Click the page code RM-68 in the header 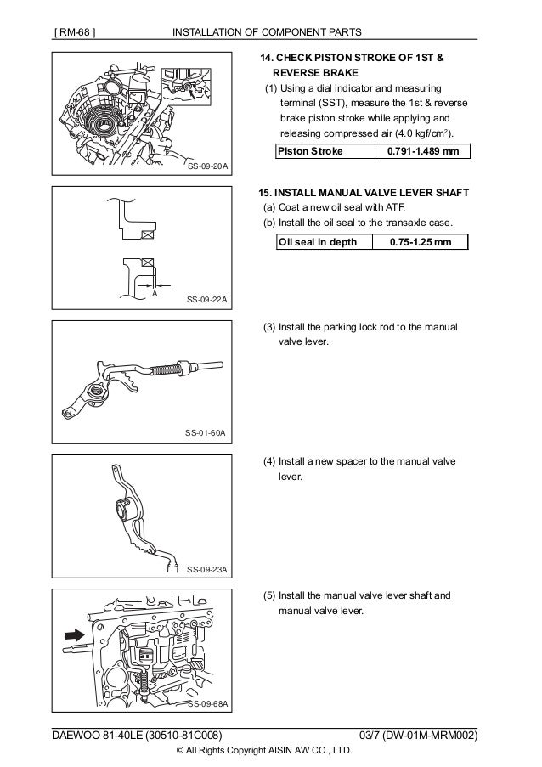point(74,32)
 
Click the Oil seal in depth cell point(322,242)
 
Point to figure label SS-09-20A point(206,166)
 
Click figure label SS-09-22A point(206,301)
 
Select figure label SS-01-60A point(206,433)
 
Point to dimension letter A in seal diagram point(155,293)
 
